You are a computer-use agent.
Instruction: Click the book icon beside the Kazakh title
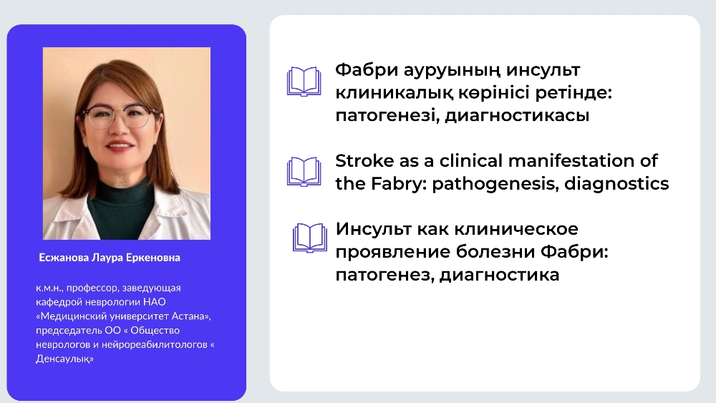[x=304, y=82]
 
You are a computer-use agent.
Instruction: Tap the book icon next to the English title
[x=304, y=172]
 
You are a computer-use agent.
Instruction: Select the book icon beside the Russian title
[x=310, y=238]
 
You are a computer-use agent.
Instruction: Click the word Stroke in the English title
[x=364, y=160]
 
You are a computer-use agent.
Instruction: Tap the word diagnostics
[x=616, y=183]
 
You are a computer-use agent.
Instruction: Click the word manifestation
[x=573, y=160]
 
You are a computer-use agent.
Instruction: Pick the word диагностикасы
[x=518, y=115]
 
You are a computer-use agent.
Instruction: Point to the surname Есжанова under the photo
[x=64, y=258]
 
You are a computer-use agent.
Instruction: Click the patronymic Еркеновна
[x=153, y=258]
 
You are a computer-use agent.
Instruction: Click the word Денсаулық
[x=64, y=359]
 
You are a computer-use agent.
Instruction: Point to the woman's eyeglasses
[x=120, y=116]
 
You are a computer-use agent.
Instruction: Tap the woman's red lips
[x=120, y=145]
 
